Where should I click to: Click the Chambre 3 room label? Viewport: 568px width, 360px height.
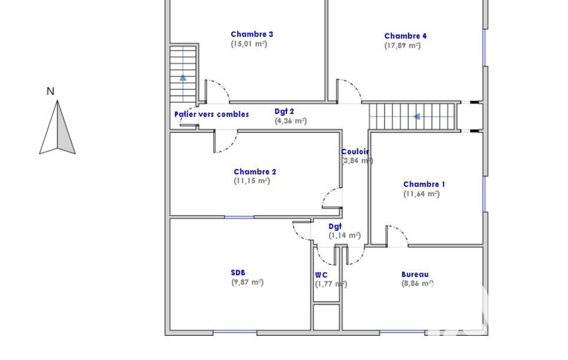252,34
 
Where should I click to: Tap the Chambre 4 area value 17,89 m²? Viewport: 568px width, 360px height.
402,45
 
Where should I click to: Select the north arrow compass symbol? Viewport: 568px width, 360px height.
57,127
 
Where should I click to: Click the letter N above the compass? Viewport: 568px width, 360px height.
50,91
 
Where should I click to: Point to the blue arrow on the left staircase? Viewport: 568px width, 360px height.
183,77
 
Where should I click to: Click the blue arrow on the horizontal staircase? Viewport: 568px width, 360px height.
417,117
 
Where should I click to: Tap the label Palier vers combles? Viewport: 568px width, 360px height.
212,115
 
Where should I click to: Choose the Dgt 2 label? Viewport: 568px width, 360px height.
284,111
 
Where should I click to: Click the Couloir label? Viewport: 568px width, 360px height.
355,152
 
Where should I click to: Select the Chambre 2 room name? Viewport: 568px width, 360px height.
255,172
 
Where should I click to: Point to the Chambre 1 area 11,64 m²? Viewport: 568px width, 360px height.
422,194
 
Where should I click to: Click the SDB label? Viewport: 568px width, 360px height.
238,272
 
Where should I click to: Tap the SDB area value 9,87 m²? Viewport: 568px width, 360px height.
247,282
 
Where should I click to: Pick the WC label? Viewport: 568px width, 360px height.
321,275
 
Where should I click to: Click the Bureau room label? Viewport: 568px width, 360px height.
415,275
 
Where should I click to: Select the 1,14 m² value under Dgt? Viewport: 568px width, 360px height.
345,235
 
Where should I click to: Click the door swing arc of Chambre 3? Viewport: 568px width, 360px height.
222,86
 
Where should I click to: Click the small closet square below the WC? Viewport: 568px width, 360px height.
326,317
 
